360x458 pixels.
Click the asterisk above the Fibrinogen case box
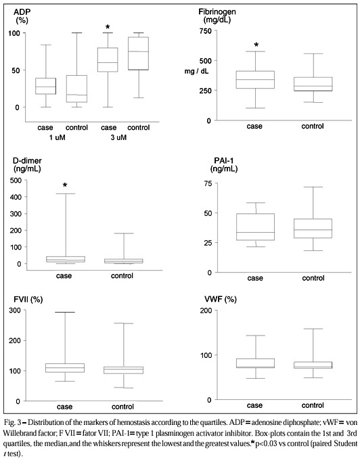point(256,45)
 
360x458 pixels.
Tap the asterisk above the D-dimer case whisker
point(65,185)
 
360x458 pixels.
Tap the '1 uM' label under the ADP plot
point(57,137)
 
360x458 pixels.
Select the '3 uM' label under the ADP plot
point(118,137)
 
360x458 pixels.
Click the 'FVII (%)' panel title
point(28,299)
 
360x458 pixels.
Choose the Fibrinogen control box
point(313,84)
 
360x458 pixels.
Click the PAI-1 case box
point(255,227)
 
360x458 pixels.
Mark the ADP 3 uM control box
point(139,53)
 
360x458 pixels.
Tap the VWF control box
point(313,365)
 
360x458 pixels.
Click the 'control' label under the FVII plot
point(122,407)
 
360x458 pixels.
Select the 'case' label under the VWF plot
point(255,405)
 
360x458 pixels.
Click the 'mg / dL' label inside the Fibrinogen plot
point(196,71)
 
